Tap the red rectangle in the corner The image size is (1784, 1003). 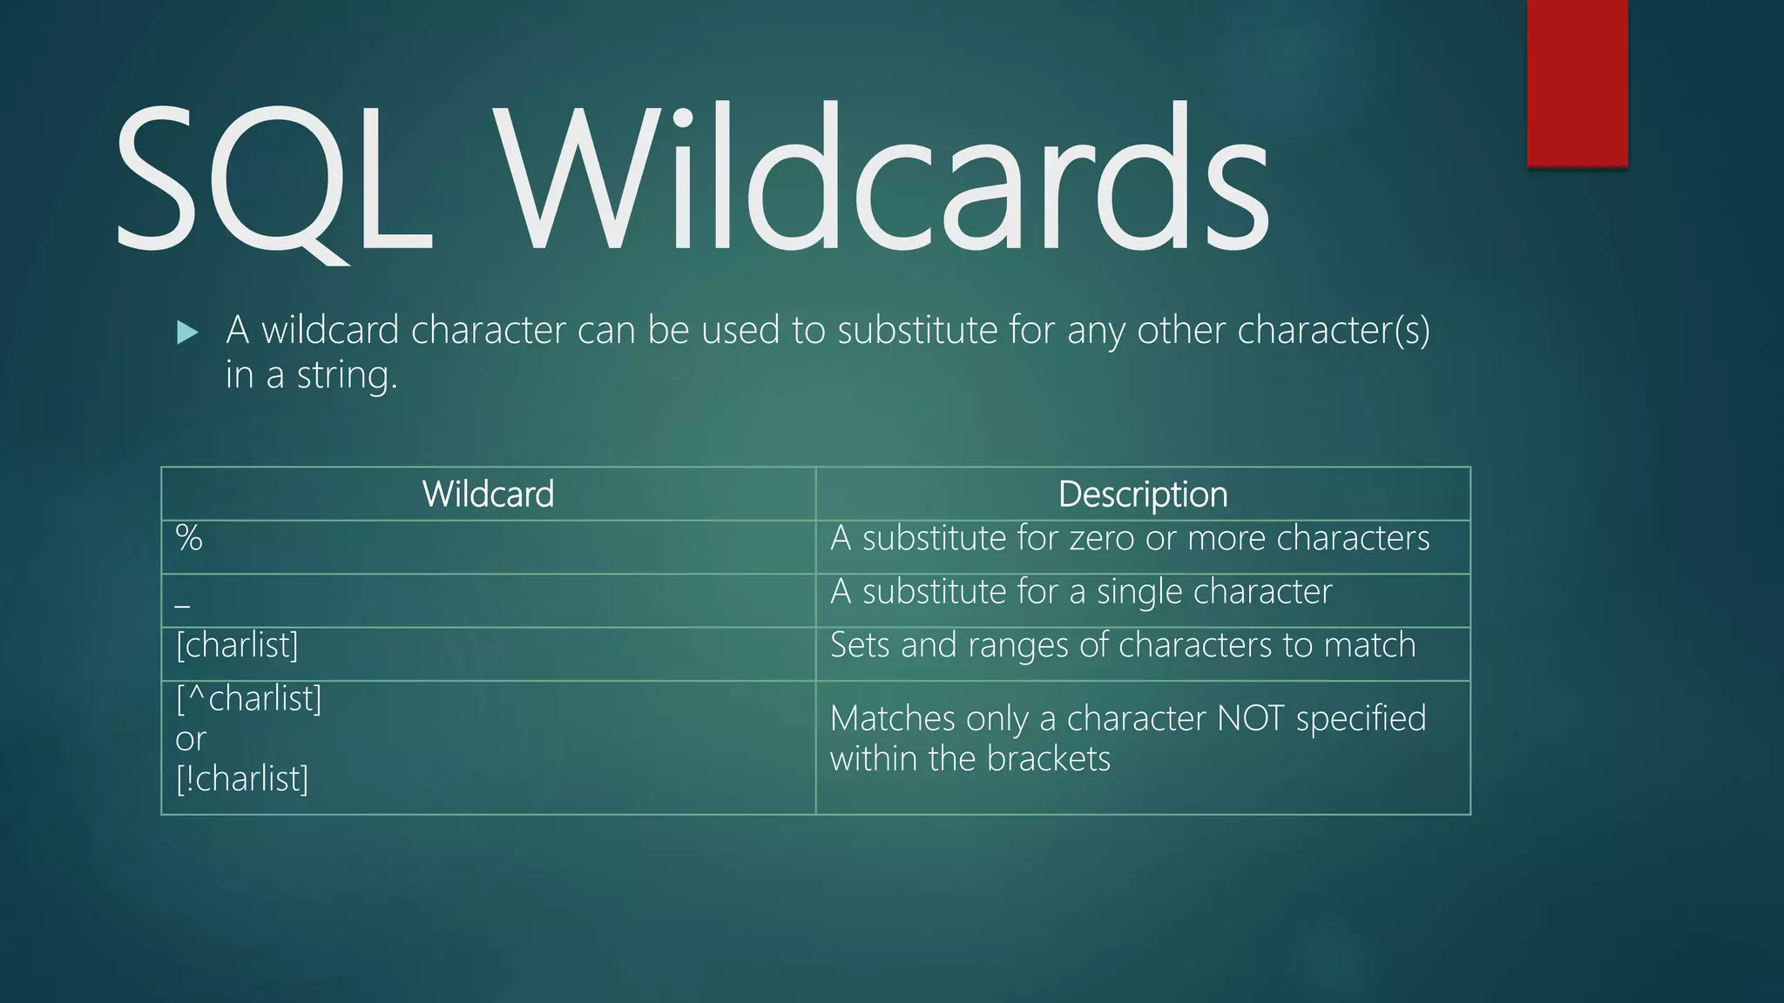click(x=1577, y=83)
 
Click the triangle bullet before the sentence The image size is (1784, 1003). click(x=187, y=332)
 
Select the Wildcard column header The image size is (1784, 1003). click(x=488, y=495)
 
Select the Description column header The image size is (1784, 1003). click(x=1143, y=495)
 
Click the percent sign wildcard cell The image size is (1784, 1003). click(x=189, y=538)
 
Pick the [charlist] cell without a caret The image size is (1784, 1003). click(x=237, y=645)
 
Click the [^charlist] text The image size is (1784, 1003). click(x=249, y=698)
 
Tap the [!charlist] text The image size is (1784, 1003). click(x=242, y=778)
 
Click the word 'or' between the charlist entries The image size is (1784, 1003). click(x=191, y=739)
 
